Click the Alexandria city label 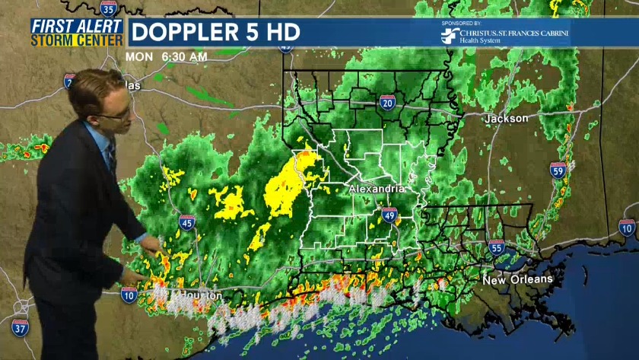point(376,188)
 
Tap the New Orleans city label point(517,280)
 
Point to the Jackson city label point(506,119)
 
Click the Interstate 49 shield point(389,215)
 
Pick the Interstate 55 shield point(497,247)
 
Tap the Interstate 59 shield point(558,170)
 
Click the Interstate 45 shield point(187,222)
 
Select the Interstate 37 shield point(21,328)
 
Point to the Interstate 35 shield point(110,8)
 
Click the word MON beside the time point(138,57)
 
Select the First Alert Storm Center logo point(78,32)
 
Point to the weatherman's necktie point(111,157)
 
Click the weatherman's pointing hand point(152,245)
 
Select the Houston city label point(199,295)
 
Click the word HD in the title point(282,33)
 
